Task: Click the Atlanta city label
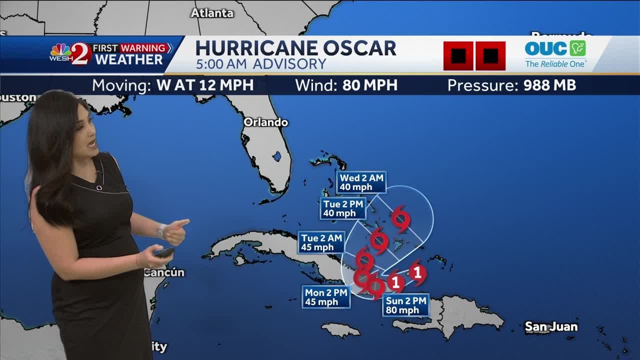tap(212, 13)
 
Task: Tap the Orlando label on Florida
tap(265, 122)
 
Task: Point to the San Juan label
tap(551, 327)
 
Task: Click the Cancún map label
tap(164, 272)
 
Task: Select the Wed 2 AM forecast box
tap(361, 182)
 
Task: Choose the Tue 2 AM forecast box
tap(321, 242)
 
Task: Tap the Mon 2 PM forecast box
tap(326, 297)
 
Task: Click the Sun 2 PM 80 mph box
tap(406, 305)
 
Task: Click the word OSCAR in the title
tap(359, 48)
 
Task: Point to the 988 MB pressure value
tap(549, 85)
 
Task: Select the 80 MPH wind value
tap(369, 85)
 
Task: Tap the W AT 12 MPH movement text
tap(205, 85)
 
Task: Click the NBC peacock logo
tap(60, 50)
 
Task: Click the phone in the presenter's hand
tap(164, 252)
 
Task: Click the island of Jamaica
tap(340, 330)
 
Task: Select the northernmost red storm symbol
tap(401, 218)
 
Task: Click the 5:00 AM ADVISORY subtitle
tap(260, 64)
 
